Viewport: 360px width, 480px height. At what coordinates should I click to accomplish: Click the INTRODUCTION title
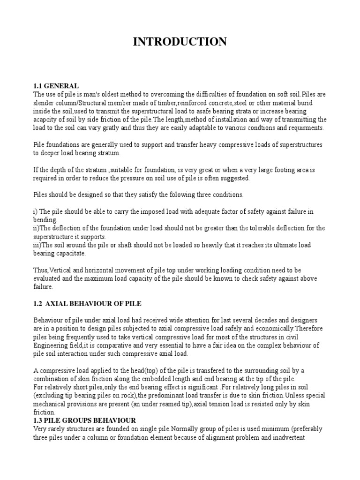180,42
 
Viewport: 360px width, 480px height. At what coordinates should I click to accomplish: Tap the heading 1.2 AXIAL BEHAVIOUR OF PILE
87,304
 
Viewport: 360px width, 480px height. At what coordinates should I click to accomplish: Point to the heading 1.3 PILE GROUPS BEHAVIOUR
84,420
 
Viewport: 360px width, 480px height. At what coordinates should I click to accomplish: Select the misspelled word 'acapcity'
46,120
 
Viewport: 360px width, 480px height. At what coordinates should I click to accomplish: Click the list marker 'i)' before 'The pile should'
36,211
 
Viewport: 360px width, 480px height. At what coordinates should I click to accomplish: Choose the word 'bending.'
45,220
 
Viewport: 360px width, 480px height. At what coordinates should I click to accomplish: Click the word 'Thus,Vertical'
52,270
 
